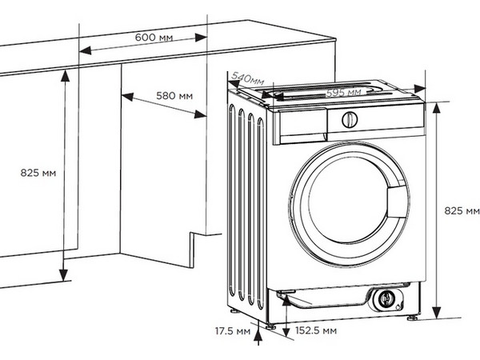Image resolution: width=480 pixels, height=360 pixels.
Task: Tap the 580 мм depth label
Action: (x=174, y=96)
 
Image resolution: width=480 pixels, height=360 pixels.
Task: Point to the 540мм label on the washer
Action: (x=246, y=78)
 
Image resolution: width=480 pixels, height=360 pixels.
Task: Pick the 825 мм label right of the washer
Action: (x=462, y=210)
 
